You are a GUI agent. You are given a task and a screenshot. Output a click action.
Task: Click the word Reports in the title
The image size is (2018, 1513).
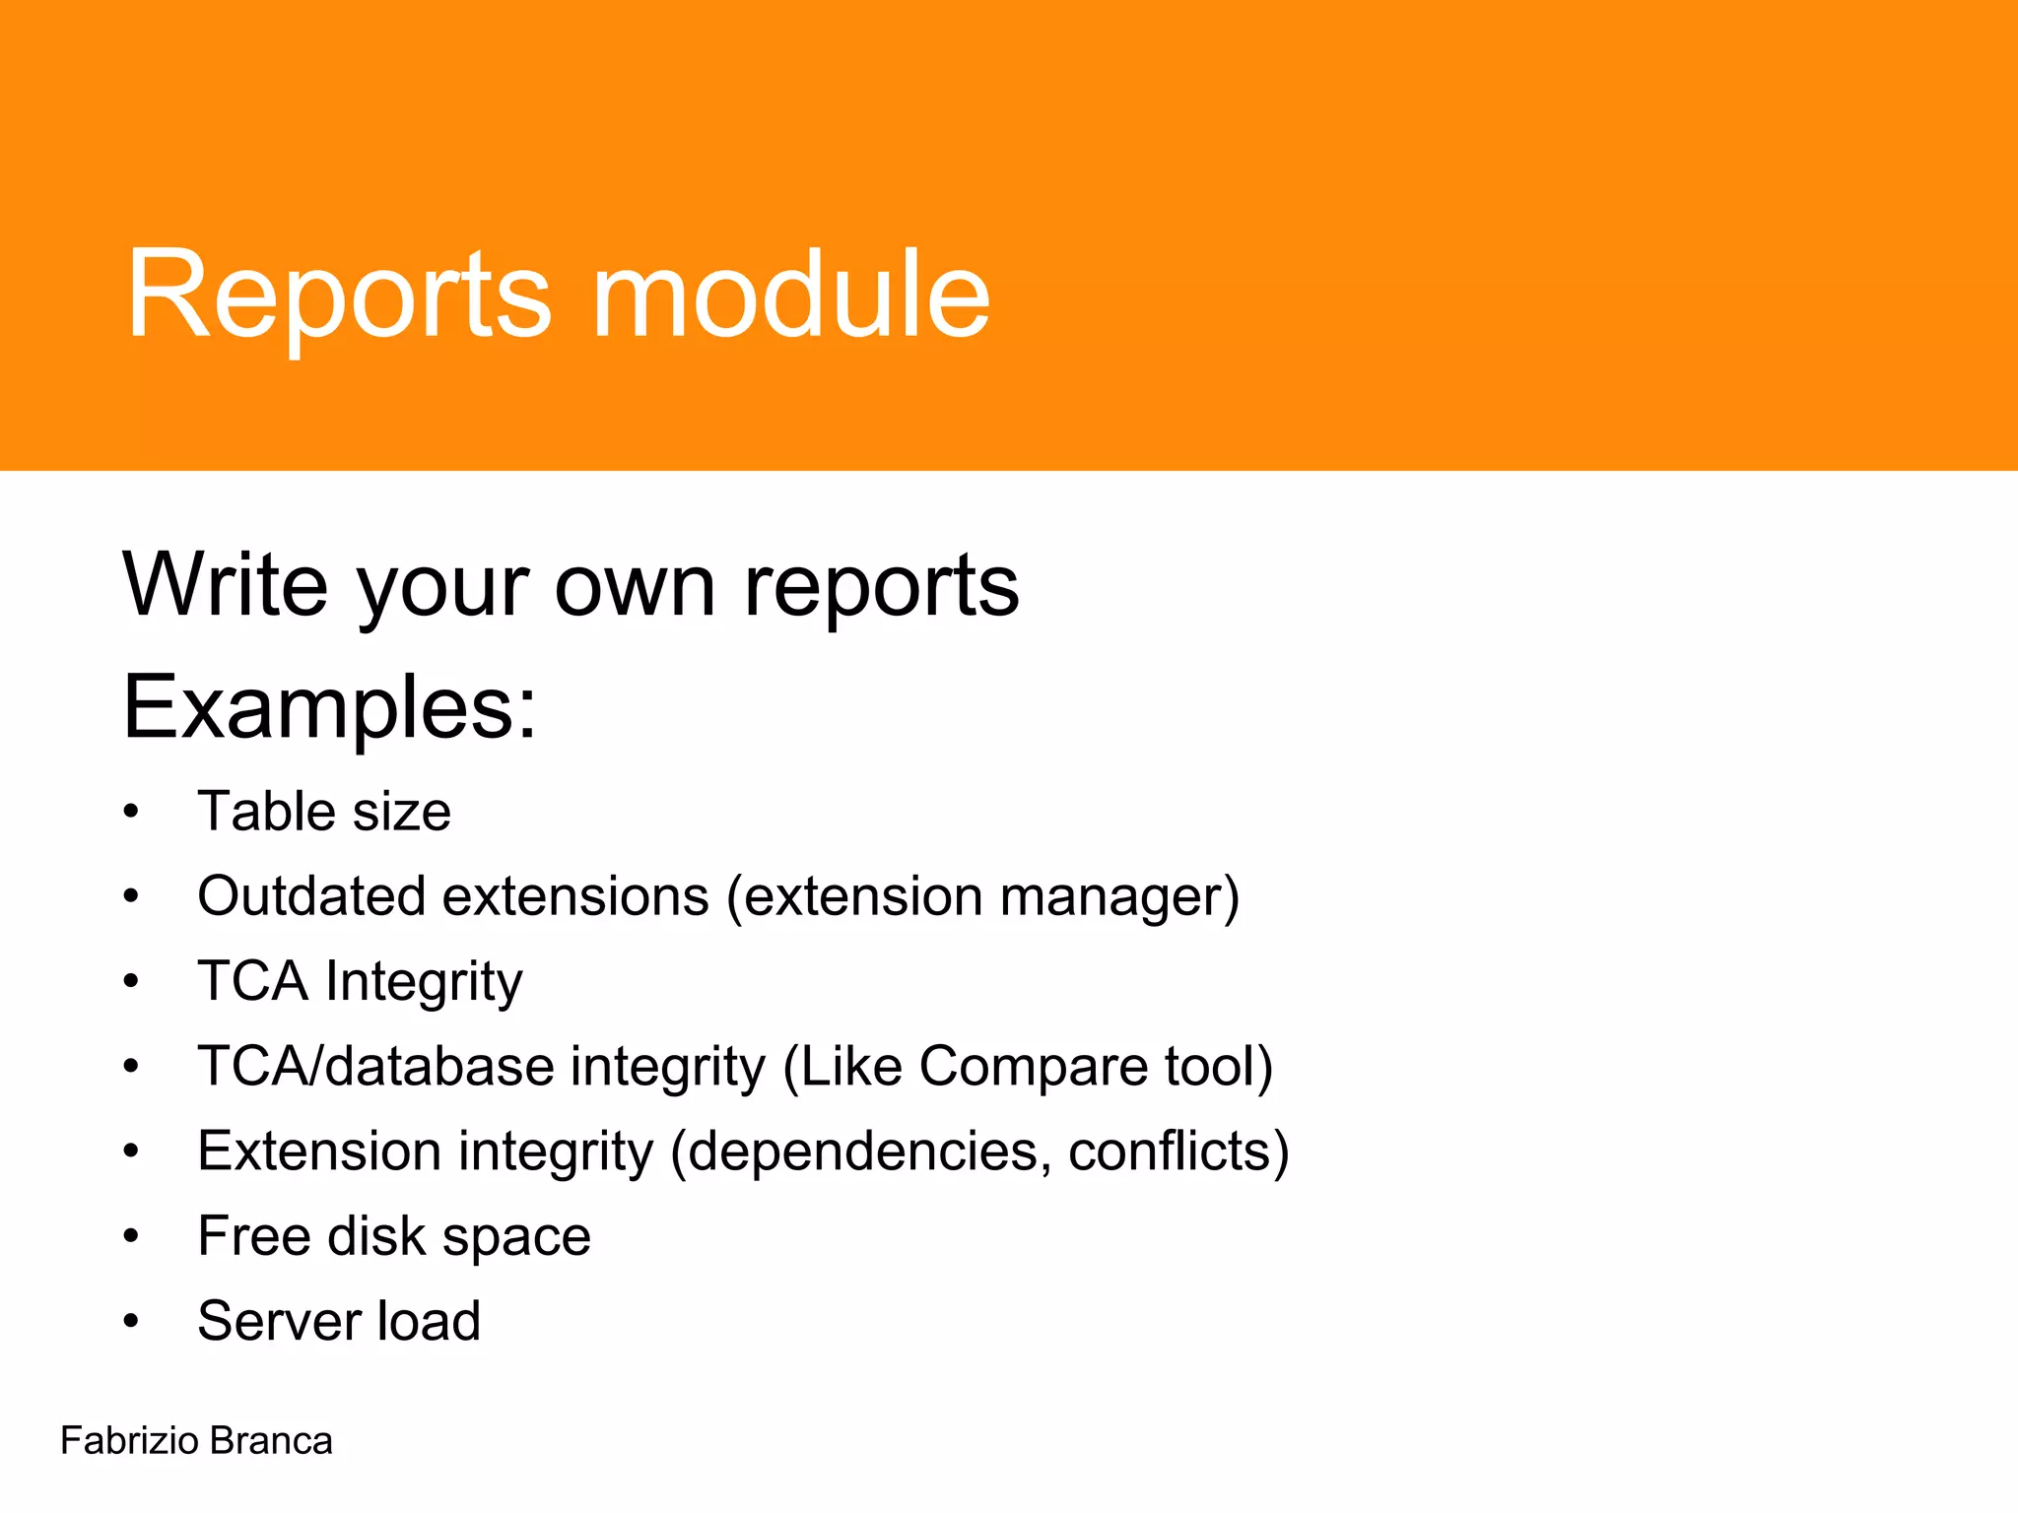coord(338,296)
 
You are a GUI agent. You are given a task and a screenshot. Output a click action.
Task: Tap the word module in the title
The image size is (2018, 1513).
coord(790,296)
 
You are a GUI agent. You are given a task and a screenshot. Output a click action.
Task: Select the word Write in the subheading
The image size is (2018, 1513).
coord(226,586)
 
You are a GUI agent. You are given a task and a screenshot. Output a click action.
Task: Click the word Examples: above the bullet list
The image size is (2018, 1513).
coord(330,707)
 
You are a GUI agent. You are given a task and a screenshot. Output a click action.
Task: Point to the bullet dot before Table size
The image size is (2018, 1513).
coord(131,814)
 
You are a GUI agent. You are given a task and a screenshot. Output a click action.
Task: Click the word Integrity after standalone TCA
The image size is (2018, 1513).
coord(424,982)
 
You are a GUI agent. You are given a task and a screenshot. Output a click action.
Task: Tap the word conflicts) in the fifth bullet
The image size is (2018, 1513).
coord(1178,1151)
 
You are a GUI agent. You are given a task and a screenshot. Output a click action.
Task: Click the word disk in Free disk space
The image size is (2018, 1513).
coord(376,1236)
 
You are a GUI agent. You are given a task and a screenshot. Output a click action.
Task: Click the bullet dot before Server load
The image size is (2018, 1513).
coord(131,1322)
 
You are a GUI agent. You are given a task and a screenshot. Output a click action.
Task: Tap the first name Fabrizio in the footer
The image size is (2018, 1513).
coord(130,1441)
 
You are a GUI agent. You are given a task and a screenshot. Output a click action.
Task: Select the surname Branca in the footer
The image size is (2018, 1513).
coord(271,1441)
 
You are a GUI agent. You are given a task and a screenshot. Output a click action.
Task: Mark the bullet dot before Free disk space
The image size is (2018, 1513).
coord(131,1237)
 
